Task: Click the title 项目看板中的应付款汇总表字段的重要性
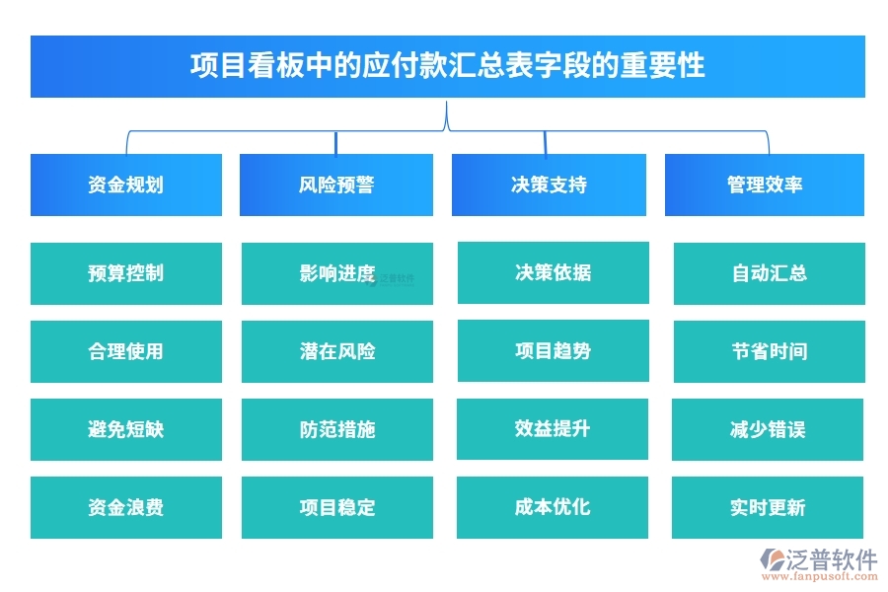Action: pyautogui.click(x=447, y=66)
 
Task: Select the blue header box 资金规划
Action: pyautogui.click(x=125, y=185)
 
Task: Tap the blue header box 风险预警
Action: pyautogui.click(x=335, y=185)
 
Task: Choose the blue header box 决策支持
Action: pyautogui.click(x=549, y=185)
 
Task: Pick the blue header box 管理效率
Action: pyautogui.click(x=764, y=185)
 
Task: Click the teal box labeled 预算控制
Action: pyautogui.click(x=125, y=273)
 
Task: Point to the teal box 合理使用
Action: pyautogui.click(x=125, y=351)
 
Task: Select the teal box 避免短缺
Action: pyautogui.click(x=125, y=429)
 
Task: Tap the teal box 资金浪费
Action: pyautogui.click(x=125, y=507)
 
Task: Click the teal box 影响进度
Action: pyautogui.click(x=336, y=273)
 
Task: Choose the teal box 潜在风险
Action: pyautogui.click(x=336, y=351)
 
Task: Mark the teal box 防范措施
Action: pyautogui.click(x=336, y=429)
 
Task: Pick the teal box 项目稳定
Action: pyautogui.click(x=336, y=507)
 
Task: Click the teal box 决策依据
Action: pyautogui.click(x=553, y=272)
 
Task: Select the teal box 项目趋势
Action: pyautogui.click(x=553, y=350)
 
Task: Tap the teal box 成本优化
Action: pyautogui.click(x=552, y=507)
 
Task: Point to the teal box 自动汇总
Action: pyautogui.click(x=768, y=273)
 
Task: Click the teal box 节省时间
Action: pyautogui.click(x=768, y=351)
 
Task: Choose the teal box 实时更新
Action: pyautogui.click(x=768, y=507)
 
